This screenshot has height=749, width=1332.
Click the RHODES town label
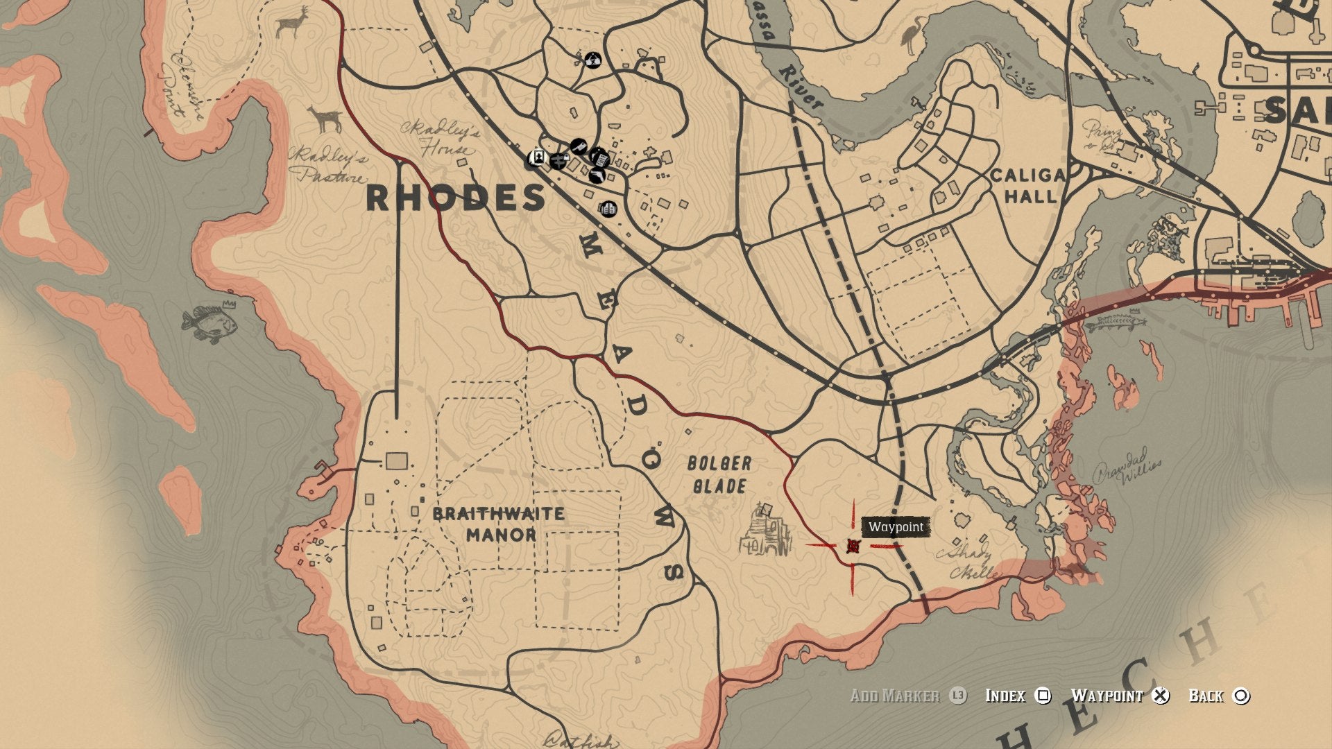(x=455, y=198)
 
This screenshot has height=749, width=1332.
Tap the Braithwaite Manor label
(x=498, y=524)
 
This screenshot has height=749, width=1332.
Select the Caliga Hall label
(x=1027, y=186)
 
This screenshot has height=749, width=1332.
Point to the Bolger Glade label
(x=719, y=474)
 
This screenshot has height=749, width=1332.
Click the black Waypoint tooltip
(x=896, y=527)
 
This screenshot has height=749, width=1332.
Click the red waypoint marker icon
(x=853, y=546)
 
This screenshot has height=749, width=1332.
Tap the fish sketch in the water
(x=210, y=322)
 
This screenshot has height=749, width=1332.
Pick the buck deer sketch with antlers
(x=291, y=22)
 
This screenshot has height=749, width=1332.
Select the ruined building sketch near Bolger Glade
(x=765, y=531)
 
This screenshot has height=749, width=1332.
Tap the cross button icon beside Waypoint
(x=1161, y=696)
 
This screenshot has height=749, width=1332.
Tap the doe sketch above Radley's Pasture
(x=325, y=119)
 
